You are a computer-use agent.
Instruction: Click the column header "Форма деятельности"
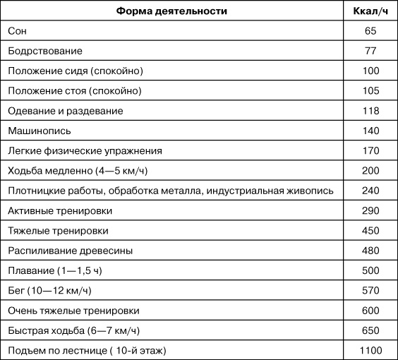[171, 12]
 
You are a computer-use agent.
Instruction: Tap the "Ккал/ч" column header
[370, 12]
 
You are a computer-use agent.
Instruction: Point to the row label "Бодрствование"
[45, 52]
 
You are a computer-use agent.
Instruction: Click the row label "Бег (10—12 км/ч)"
[54, 290]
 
